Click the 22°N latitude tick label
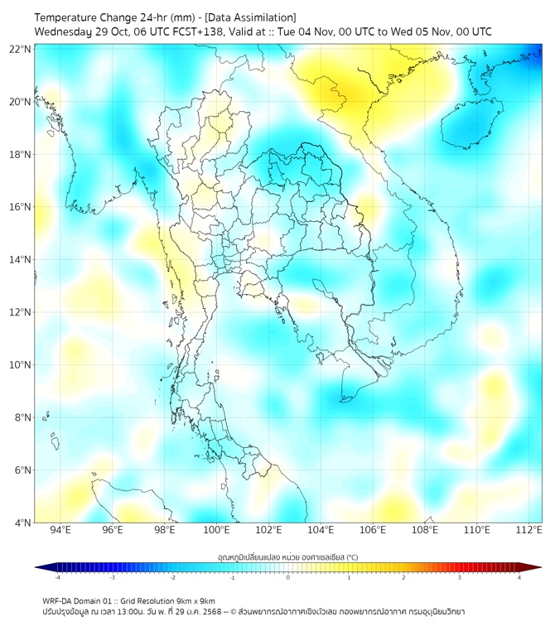pyautogui.click(x=20, y=49)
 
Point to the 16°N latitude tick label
pyautogui.click(x=20, y=207)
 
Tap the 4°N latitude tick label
pyautogui.click(x=22, y=522)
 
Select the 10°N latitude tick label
pyautogui.click(x=20, y=364)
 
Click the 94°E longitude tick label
pyautogui.click(x=60, y=531)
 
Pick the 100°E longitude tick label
pyautogui.click(x=216, y=531)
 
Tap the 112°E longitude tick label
pyautogui.click(x=529, y=531)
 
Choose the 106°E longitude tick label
pyautogui.click(x=373, y=531)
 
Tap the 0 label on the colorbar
pyautogui.click(x=287, y=578)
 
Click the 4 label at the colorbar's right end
pyautogui.click(x=519, y=578)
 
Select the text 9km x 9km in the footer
pyautogui.click(x=196, y=600)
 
